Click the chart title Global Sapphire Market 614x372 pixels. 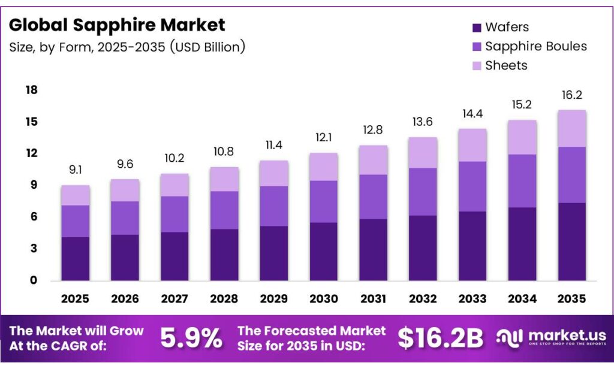tap(117, 25)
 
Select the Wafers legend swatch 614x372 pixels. tap(477, 28)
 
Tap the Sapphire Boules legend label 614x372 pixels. tap(535, 46)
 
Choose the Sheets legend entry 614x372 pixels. tap(506, 65)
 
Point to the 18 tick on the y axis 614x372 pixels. tap(31, 90)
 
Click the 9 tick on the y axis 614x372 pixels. tap(34, 185)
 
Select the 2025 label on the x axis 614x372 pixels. tap(75, 298)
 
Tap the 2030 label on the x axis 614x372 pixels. tap(323, 298)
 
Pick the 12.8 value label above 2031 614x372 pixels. tap(372, 131)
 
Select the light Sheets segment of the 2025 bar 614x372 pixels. tap(75, 195)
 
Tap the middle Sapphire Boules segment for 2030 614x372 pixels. tap(323, 201)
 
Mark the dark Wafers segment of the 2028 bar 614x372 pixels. tap(224, 255)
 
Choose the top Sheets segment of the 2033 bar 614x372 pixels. tap(471, 145)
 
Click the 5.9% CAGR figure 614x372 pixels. tap(191, 339)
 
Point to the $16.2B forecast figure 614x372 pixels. tap(440, 339)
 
